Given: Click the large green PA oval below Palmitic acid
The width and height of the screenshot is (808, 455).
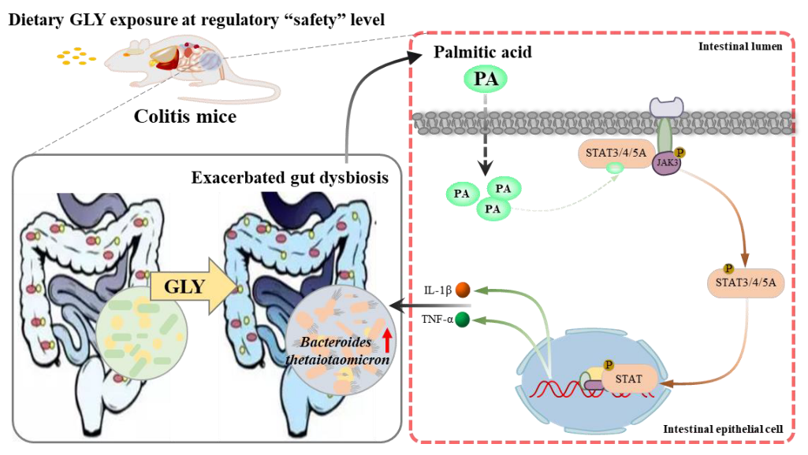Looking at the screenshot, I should pos(485,79).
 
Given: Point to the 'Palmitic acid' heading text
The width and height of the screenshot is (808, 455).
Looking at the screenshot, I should pos(483,54).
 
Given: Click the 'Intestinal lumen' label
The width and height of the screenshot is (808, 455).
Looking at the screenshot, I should pos(739,46).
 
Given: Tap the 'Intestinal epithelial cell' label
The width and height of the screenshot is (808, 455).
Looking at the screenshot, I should pos(722,429).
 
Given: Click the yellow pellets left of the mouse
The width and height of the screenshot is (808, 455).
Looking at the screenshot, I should pos(76,56).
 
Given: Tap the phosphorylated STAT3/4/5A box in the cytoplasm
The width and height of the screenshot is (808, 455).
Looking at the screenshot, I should pos(745,281).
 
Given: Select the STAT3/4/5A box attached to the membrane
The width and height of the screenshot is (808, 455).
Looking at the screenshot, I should pos(616,151).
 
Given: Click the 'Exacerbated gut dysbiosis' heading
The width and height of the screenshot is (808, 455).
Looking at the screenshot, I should pos(289,177).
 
